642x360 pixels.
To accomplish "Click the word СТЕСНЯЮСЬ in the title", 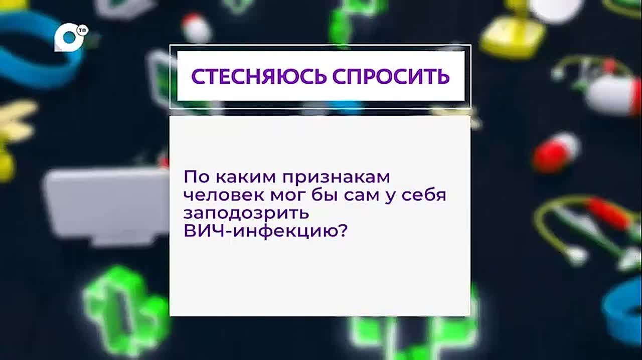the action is (259, 77).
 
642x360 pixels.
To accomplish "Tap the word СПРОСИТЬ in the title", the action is (391, 77).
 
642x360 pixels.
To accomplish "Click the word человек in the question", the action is (224, 196).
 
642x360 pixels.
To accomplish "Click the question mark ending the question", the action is (341, 231).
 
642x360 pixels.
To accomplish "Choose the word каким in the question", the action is (246, 177).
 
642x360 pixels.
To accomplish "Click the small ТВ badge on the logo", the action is (83, 31).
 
